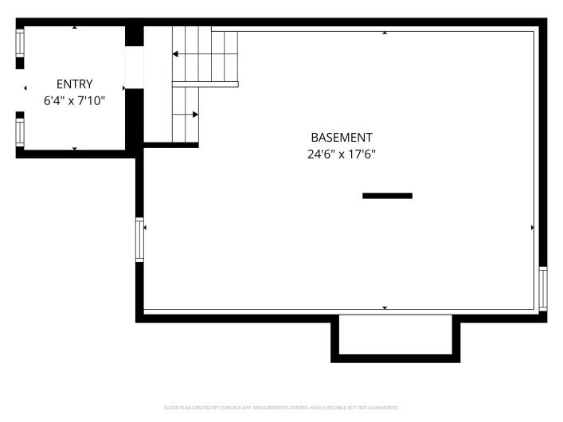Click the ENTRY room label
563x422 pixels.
click(75, 84)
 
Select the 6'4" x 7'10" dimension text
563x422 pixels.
click(74, 100)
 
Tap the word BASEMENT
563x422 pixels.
click(342, 138)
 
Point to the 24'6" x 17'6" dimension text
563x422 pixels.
click(342, 154)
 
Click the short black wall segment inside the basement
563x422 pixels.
click(388, 196)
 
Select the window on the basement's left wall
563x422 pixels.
click(139, 240)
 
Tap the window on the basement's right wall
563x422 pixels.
click(543, 289)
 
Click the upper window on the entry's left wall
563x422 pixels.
click(20, 43)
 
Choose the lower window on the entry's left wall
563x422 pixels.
click(20, 132)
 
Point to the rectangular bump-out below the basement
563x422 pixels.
click(395, 338)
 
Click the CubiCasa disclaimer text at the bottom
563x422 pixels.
click(282, 408)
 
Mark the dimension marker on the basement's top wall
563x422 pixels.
click(385, 33)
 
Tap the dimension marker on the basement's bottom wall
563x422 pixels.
click(385, 308)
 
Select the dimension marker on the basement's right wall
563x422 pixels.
click(533, 228)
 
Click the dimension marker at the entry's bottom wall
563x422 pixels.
click(75, 148)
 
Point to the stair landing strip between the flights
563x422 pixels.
click(205, 84)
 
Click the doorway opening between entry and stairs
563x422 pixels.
click(135, 67)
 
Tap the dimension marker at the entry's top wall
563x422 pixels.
click(75, 27)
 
